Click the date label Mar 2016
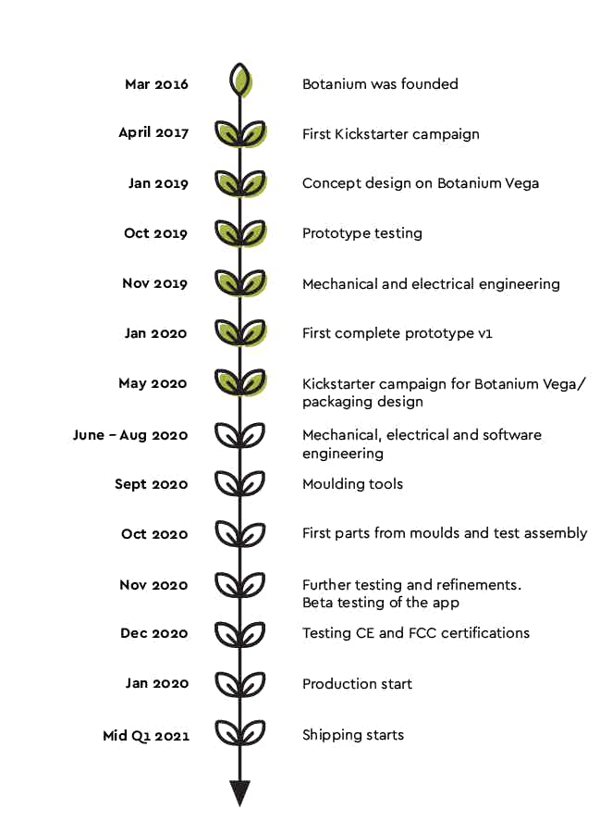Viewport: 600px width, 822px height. (156, 84)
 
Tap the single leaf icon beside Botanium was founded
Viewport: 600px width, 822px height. (240, 81)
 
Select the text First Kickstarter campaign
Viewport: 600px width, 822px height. (390, 134)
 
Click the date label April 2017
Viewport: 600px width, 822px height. (153, 133)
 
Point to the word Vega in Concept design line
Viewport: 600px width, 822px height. (520, 183)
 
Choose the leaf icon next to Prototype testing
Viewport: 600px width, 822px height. (240, 231)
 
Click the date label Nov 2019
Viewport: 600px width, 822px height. (155, 283)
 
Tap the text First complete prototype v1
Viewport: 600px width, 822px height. (397, 333)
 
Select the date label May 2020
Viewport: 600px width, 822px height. (153, 383)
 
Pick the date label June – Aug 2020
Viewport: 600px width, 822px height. (130, 435)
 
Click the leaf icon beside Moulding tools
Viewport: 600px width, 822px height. (240, 482)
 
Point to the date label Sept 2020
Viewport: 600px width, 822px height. (152, 484)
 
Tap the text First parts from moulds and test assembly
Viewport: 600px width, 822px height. (445, 533)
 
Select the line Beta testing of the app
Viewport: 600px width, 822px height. (381, 603)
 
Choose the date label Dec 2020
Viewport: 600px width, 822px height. (154, 634)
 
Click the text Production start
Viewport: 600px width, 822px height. (357, 684)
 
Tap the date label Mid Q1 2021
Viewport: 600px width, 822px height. (146, 736)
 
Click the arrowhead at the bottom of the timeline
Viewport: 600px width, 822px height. (240, 793)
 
